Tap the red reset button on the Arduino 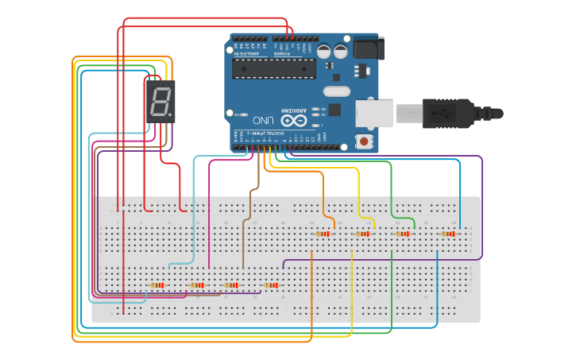coord(364,141)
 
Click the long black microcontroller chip coord(273,68)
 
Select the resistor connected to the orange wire coord(323,234)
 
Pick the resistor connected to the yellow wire coord(363,234)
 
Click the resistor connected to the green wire coord(403,234)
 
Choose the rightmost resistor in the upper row coord(449,234)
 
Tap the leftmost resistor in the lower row coord(157,285)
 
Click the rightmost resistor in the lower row coord(272,285)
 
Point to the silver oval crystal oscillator coord(337,91)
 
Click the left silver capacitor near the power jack coord(324,51)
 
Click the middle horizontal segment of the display coord(160,102)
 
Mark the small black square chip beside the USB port coord(334,110)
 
